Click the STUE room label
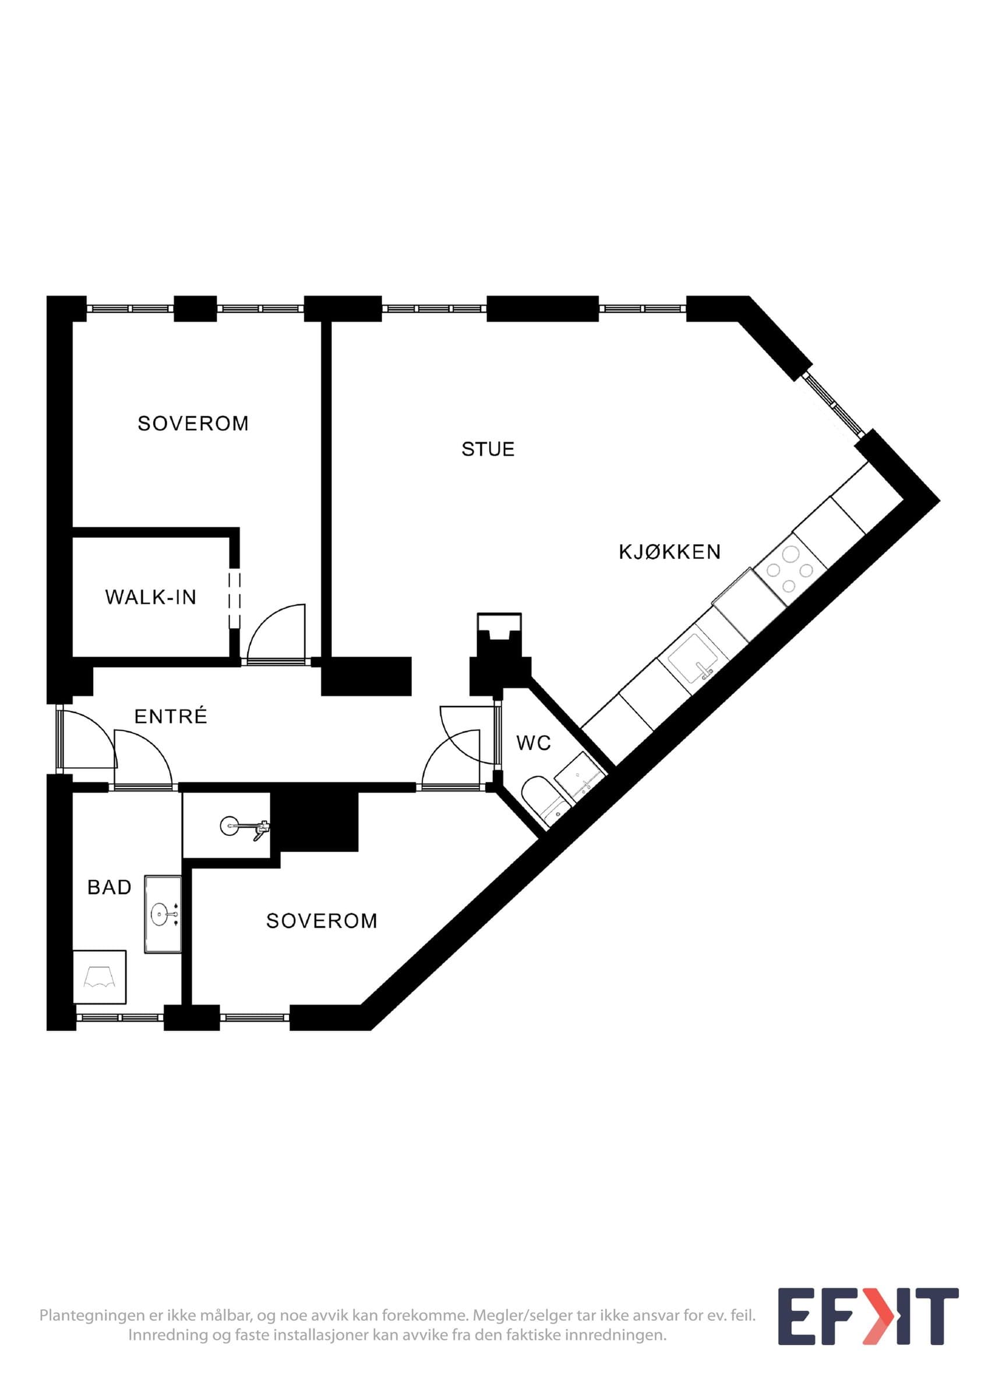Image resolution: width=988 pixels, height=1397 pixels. tap(488, 449)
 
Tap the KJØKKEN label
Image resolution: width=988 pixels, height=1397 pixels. tap(669, 552)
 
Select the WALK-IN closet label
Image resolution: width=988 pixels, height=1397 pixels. tap(151, 597)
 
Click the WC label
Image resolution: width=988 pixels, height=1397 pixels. tap(533, 743)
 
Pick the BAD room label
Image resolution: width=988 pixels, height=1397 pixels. tap(110, 887)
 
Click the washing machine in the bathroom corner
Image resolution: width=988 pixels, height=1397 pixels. tap(99, 977)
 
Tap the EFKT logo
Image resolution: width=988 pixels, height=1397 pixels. tap(868, 1316)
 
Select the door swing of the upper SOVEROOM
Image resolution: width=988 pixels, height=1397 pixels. tap(274, 633)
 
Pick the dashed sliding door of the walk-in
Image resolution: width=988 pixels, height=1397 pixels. tap(234, 600)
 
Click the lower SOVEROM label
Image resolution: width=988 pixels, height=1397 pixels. tap(322, 921)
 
